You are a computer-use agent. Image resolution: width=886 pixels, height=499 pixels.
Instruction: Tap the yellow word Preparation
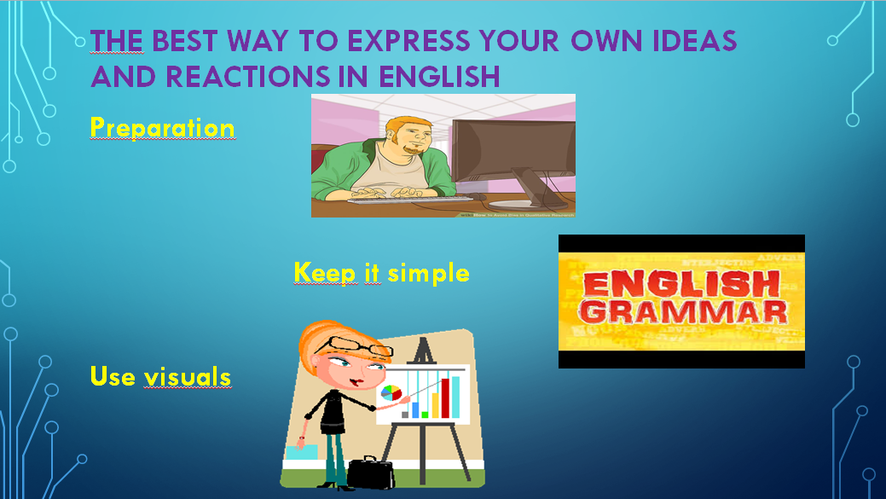(x=162, y=128)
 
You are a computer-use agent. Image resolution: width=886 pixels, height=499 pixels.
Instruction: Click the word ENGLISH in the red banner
(x=682, y=285)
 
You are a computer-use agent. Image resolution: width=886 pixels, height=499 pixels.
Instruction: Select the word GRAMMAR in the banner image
(x=681, y=311)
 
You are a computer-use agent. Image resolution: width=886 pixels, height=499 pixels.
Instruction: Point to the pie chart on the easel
(x=391, y=393)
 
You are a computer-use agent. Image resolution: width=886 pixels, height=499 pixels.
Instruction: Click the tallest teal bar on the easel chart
(x=455, y=396)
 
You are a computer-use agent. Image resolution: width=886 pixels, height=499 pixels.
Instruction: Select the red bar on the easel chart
(x=444, y=397)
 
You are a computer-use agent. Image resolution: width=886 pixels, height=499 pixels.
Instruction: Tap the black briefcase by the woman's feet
(x=371, y=473)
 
